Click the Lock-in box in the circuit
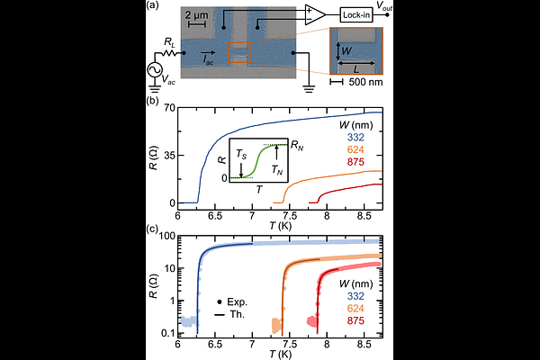tap(361, 14)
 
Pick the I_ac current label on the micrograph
tap(209, 60)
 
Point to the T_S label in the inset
tap(241, 154)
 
